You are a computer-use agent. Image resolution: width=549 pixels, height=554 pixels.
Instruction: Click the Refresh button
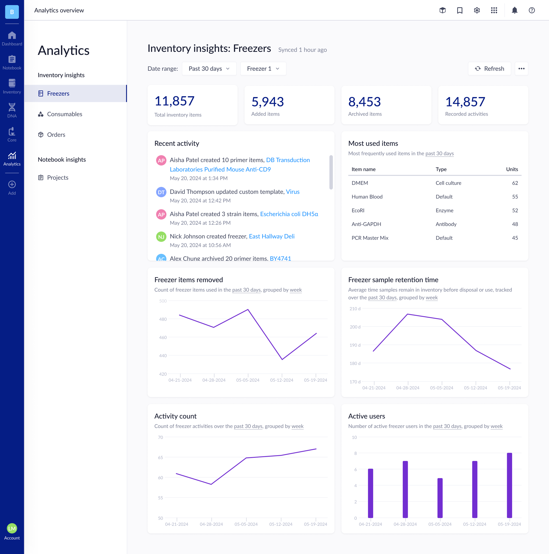pyautogui.click(x=489, y=69)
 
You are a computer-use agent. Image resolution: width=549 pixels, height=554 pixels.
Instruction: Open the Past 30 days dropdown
pyautogui.click(x=209, y=69)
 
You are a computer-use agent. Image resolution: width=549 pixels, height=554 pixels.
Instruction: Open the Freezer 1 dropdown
pyautogui.click(x=263, y=69)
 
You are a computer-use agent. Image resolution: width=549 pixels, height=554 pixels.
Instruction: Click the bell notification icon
pyautogui.click(x=515, y=10)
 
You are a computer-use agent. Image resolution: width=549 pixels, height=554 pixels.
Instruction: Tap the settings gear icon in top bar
pyautogui.click(x=477, y=10)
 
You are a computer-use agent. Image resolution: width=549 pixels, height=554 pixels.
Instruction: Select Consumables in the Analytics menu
pyautogui.click(x=65, y=114)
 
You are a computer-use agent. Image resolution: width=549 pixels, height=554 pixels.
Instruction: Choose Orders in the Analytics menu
pyautogui.click(x=56, y=135)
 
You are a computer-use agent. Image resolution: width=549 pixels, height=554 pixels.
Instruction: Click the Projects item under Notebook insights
pyautogui.click(x=58, y=177)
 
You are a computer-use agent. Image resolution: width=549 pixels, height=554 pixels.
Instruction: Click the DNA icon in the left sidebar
pyautogui.click(x=12, y=110)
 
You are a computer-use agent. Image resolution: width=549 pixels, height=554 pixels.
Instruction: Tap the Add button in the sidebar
pyautogui.click(x=12, y=188)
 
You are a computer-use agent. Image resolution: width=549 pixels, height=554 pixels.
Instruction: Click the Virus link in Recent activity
pyautogui.click(x=293, y=191)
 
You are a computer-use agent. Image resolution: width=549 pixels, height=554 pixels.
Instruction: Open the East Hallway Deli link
pyautogui.click(x=271, y=236)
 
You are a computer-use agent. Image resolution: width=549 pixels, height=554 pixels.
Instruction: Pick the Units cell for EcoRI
pyautogui.click(x=515, y=211)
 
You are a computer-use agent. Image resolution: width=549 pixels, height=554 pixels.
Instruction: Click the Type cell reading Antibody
pyautogui.click(x=446, y=224)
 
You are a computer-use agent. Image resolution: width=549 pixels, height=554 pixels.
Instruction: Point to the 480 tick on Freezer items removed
pyautogui.click(x=163, y=319)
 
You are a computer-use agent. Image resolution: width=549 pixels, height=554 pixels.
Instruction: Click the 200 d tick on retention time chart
pyautogui.click(x=355, y=327)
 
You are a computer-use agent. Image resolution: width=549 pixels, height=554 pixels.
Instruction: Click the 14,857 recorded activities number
pyautogui.click(x=465, y=102)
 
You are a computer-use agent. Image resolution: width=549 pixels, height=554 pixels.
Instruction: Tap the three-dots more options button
pyautogui.click(x=521, y=69)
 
